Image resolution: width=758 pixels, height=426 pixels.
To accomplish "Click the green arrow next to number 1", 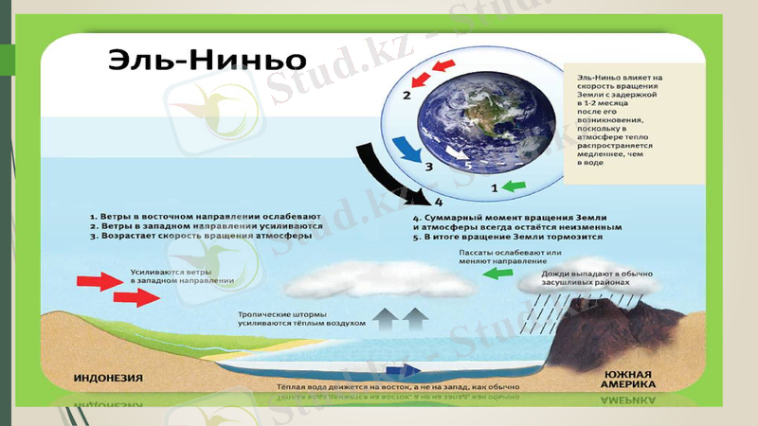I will pos(511,187).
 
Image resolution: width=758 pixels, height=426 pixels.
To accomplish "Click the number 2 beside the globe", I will pos(406,95).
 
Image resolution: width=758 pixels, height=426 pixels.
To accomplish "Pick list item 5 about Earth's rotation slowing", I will pos(508,239).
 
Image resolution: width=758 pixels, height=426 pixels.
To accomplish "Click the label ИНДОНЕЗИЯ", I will pos(109,378).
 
